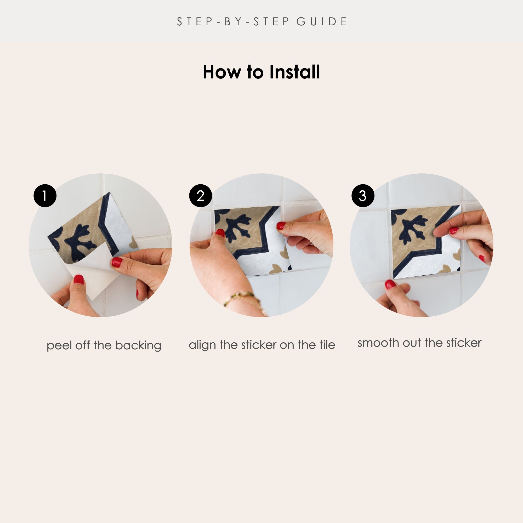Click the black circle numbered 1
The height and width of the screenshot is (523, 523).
coord(45,196)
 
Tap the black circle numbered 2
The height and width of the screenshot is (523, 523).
coord(201,196)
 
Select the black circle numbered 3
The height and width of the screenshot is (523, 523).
coord(363,196)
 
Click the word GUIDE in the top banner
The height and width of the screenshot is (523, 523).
coord(322,22)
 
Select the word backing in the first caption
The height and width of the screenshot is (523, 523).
coord(138,346)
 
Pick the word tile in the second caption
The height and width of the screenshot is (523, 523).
coord(327,345)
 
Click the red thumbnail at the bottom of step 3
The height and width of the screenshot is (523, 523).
coord(390,285)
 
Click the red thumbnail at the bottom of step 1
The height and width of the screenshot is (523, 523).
coord(79,279)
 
